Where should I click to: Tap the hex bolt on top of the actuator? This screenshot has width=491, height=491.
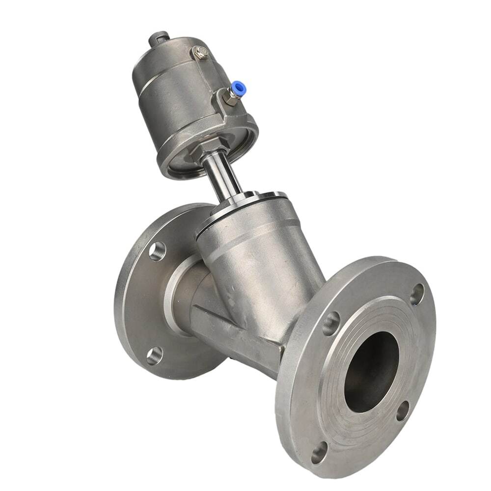pos(200,52)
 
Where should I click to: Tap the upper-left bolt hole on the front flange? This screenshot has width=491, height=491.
pos(331,323)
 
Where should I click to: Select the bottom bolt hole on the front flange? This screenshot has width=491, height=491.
pos(319,452)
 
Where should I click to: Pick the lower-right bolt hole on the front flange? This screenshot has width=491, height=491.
pos(403,410)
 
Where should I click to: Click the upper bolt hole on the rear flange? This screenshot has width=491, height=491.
pos(157,251)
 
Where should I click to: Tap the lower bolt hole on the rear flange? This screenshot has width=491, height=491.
pos(154,355)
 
